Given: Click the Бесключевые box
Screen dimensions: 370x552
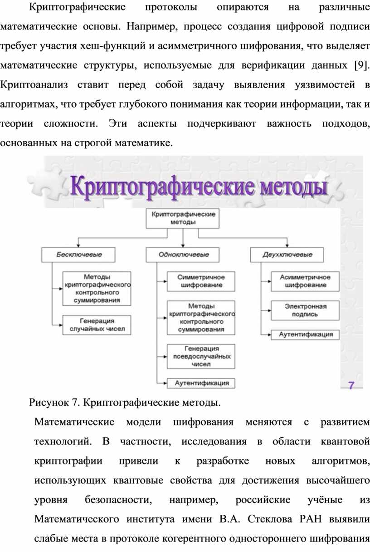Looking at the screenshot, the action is [x=78, y=255].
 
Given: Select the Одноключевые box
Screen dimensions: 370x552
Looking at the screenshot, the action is [x=183, y=255].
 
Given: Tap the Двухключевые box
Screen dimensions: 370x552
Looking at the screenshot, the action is [x=287, y=255].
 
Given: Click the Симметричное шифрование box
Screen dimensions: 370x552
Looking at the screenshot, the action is [x=201, y=281].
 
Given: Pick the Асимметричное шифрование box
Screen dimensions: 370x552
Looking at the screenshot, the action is [x=305, y=281].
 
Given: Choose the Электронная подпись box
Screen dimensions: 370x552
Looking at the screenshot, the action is [x=305, y=310].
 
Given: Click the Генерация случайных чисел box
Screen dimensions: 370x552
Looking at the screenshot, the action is [x=97, y=325].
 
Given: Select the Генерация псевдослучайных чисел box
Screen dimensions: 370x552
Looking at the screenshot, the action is [x=201, y=356].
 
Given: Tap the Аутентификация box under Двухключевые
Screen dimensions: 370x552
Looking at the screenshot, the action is [x=305, y=335].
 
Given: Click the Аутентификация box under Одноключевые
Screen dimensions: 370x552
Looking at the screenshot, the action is [x=201, y=383].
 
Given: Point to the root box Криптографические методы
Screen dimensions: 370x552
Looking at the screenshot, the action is [x=183, y=218].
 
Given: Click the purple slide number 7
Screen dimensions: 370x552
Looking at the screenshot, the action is [x=351, y=385].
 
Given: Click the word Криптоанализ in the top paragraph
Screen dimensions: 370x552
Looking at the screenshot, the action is [x=34, y=85].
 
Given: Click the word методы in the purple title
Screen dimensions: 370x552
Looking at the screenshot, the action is [x=294, y=187].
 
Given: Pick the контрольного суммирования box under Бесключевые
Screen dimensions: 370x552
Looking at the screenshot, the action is [x=97, y=289].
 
